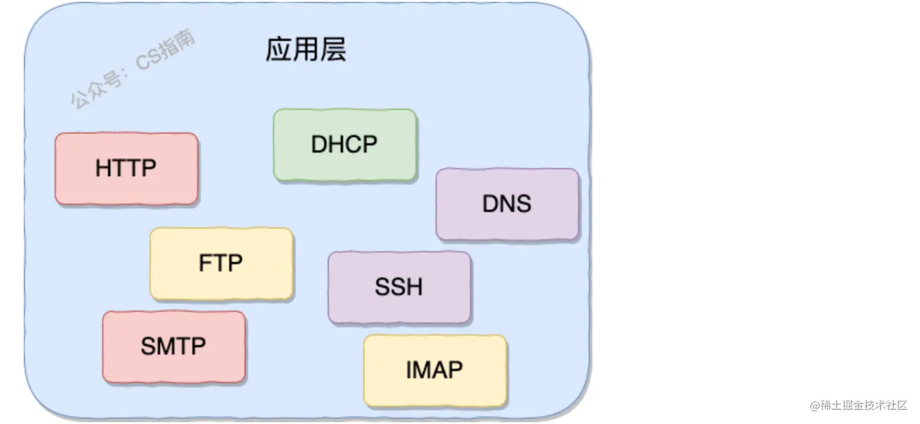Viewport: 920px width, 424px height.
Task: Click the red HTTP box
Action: click(126, 169)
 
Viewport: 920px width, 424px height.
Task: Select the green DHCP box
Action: click(344, 145)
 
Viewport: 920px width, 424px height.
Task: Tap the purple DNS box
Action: click(507, 204)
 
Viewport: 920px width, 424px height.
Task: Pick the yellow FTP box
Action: click(221, 263)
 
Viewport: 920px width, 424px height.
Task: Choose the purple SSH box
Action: click(399, 287)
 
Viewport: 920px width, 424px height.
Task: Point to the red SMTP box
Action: click(173, 346)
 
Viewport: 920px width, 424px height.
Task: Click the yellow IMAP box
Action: click(434, 370)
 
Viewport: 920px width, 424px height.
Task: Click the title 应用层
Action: click(305, 50)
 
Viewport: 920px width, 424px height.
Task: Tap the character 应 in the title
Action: click(278, 50)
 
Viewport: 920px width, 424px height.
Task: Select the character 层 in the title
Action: click(333, 50)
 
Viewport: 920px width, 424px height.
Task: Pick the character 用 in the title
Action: click(305, 50)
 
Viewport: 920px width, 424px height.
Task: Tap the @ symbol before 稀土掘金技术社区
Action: click(815, 406)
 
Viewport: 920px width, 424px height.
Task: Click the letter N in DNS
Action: click(507, 204)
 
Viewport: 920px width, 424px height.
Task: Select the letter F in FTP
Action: click(204, 263)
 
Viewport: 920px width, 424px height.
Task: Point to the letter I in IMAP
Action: click(409, 370)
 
